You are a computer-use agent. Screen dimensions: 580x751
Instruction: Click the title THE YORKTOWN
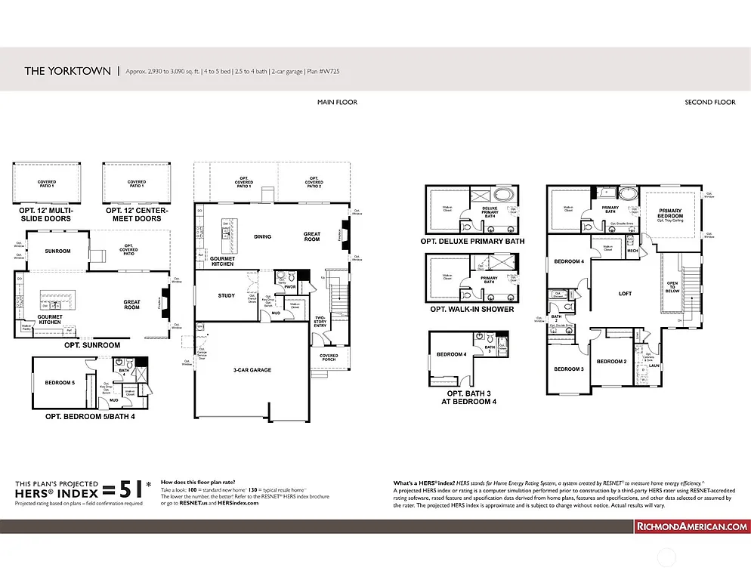[67, 71]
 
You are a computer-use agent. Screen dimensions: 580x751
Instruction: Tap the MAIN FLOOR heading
[337, 102]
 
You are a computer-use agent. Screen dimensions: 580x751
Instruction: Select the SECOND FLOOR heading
[709, 102]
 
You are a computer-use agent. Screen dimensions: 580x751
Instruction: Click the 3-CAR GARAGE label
[252, 370]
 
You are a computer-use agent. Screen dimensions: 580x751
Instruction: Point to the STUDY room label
[226, 295]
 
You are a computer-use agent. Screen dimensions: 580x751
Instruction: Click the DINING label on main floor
[262, 236]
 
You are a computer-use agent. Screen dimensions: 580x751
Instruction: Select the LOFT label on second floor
[625, 293]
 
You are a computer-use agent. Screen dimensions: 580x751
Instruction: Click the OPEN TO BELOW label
[672, 286]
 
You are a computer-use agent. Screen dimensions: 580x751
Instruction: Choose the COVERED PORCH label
[329, 358]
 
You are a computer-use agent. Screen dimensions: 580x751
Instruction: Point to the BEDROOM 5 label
[60, 383]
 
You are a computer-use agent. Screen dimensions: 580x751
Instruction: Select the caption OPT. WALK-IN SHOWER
[471, 310]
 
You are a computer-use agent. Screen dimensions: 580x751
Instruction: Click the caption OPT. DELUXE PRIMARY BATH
[472, 242]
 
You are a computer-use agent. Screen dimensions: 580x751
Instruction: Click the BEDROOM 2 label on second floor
[611, 361]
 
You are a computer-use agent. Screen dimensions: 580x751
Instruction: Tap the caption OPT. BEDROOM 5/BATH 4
[90, 416]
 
